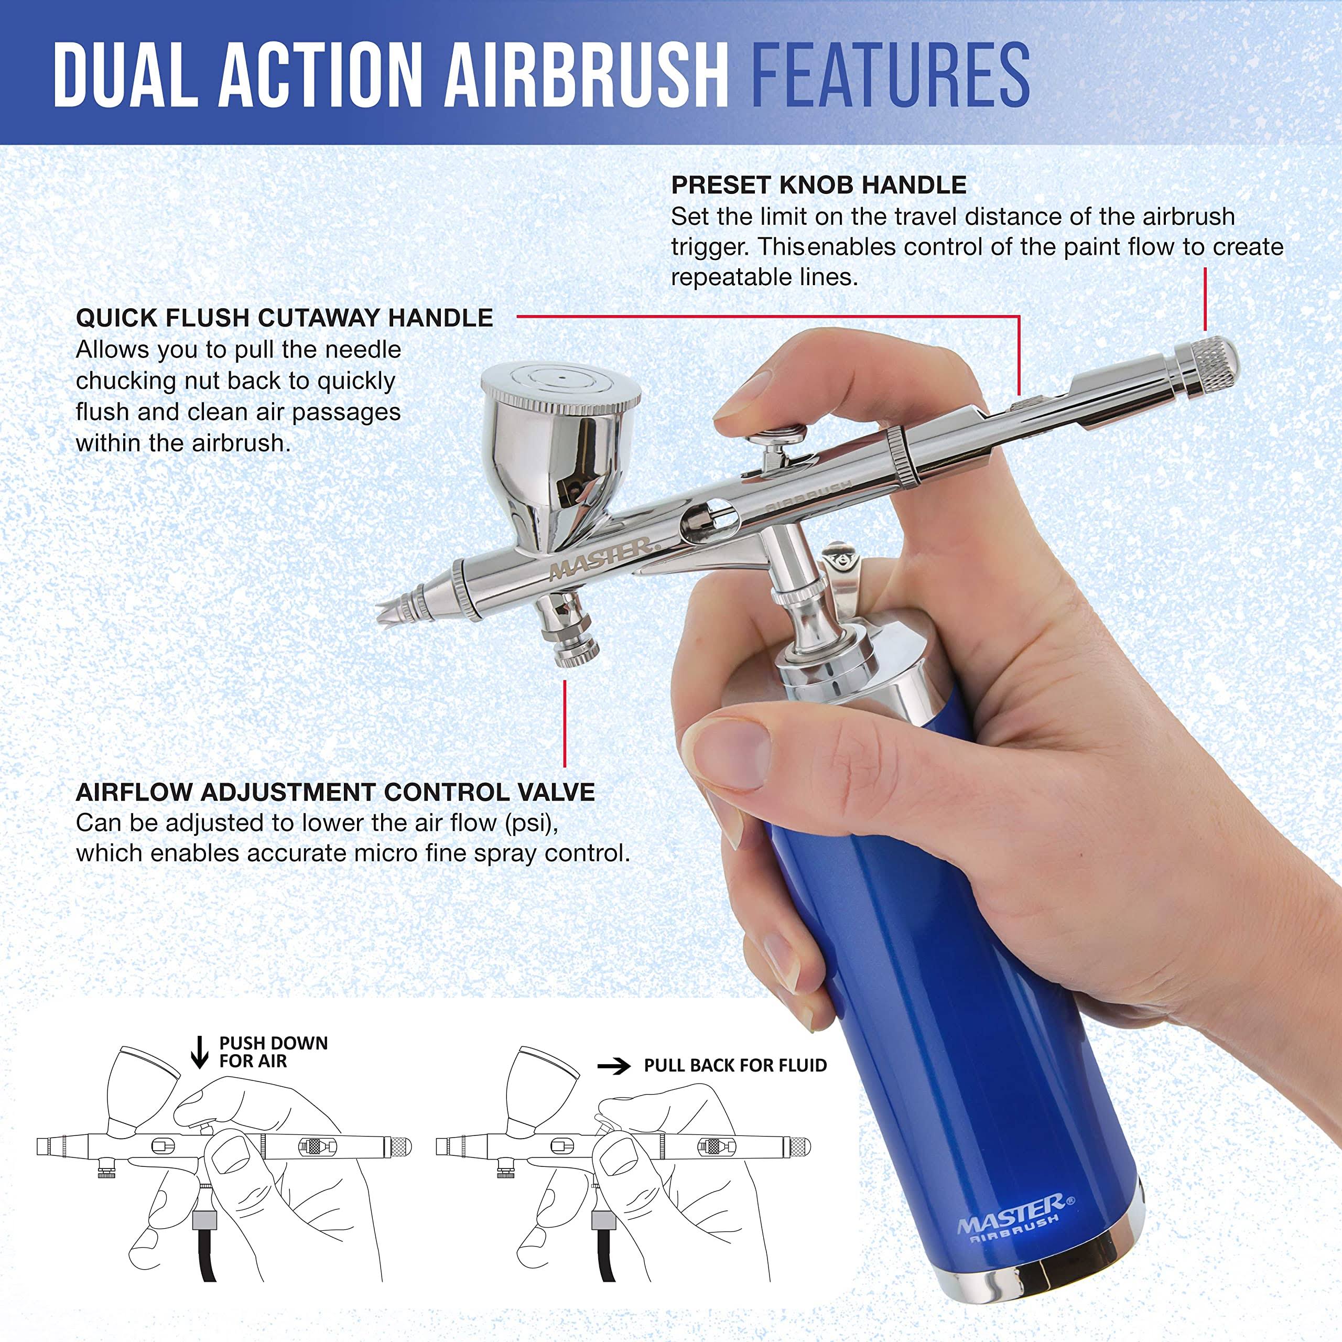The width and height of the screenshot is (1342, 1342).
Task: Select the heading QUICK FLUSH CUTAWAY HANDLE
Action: pos(284,318)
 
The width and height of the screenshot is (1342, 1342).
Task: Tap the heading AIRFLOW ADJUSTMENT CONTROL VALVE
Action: pos(335,792)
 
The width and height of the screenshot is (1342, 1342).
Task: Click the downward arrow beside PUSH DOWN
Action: pos(199,1052)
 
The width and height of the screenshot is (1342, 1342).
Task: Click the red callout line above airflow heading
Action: pos(565,722)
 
